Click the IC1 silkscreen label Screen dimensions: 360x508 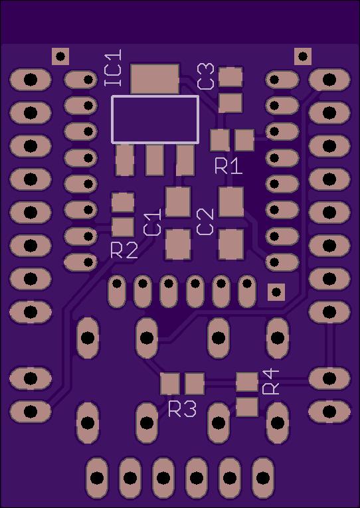point(113,68)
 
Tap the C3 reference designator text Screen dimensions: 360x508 point(206,76)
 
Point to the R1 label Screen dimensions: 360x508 point(228,166)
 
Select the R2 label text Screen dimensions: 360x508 point(124,250)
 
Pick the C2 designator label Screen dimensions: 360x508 point(205,222)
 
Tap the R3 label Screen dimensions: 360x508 point(183,409)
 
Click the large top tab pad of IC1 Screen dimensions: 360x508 point(155,79)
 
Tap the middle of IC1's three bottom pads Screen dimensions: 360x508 point(155,160)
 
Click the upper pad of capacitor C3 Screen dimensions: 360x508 point(230,77)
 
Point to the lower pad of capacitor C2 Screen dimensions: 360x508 point(231,244)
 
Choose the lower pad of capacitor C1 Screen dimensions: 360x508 point(178,244)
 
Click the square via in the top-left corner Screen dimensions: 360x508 point(60,56)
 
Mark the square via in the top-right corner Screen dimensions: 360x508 point(303,56)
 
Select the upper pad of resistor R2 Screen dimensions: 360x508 point(123,203)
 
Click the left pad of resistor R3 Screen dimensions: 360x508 point(170,384)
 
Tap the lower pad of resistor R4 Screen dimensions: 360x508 point(247,407)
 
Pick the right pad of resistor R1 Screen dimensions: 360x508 point(244,140)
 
